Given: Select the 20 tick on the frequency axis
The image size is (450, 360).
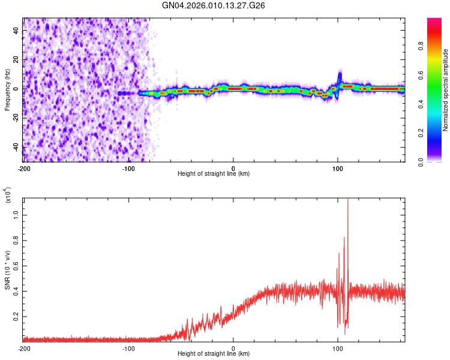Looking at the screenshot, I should tap(16, 59).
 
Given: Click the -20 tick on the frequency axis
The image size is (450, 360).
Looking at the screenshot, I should tap(15, 118).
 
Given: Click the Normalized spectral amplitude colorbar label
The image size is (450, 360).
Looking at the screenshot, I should tap(446, 90).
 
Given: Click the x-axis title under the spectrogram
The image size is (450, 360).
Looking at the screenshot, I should tap(214, 174).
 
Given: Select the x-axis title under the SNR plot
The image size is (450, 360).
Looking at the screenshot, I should tap(214, 354).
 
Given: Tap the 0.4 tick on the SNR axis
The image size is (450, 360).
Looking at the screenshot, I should tap(16, 291).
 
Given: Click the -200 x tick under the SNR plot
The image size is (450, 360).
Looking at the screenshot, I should tap(24, 348).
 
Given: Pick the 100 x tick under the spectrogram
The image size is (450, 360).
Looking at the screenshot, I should tap(338, 168).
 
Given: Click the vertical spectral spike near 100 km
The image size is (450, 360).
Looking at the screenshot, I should tap(340, 79).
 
